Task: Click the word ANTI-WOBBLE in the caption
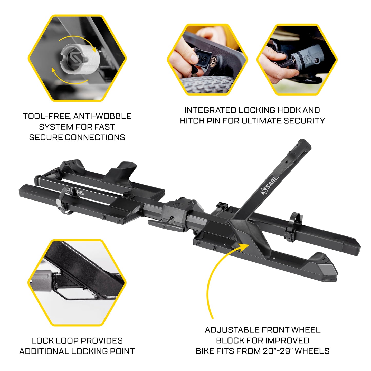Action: [x=102, y=116]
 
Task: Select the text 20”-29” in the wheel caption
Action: [x=278, y=351]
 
